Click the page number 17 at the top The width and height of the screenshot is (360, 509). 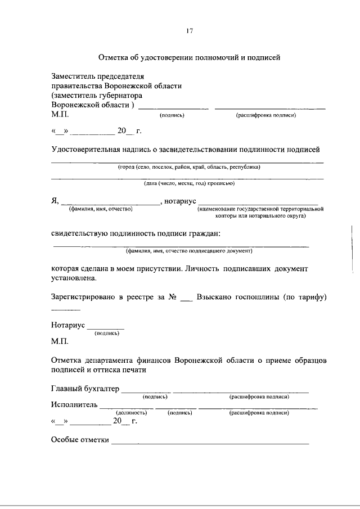[190, 31]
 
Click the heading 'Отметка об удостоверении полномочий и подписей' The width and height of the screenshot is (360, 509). [189, 57]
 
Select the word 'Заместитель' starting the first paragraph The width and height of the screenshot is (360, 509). [74, 76]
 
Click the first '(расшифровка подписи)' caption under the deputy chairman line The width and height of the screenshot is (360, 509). [266, 115]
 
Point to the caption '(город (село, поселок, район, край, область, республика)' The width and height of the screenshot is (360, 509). [189, 167]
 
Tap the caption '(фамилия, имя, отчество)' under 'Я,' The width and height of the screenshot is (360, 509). [100, 209]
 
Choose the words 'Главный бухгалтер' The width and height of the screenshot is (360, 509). [85, 389]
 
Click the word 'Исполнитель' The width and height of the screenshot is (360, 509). [74, 404]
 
